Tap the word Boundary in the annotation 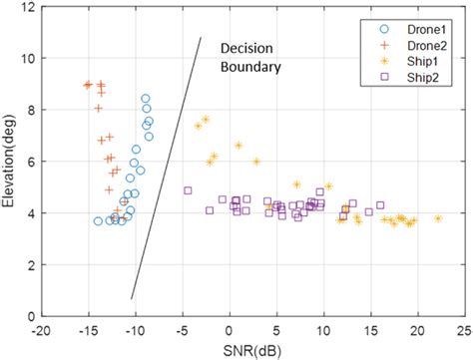pos(251,68)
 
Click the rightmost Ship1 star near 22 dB pos(437,218)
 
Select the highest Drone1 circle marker pos(146,99)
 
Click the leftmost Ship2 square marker pos(188,190)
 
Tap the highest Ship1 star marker pos(206,120)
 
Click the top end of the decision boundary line pos(202,38)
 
